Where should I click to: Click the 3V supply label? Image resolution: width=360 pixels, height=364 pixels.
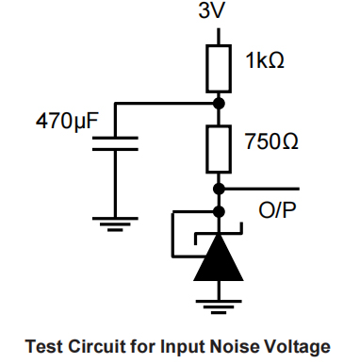(219, 13)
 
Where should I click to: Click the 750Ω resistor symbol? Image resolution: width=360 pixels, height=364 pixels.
(219, 142)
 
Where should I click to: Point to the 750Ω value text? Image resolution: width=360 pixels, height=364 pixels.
(271, 142)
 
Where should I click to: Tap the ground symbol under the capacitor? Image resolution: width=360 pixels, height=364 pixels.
(114, 225)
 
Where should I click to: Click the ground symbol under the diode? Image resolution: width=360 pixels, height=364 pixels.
(219, 304)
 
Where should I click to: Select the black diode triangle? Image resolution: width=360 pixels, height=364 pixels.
(219, 258)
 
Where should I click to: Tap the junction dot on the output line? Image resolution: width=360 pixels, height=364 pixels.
(219, 187)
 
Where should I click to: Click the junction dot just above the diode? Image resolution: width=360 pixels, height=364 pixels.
(219, 211)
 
